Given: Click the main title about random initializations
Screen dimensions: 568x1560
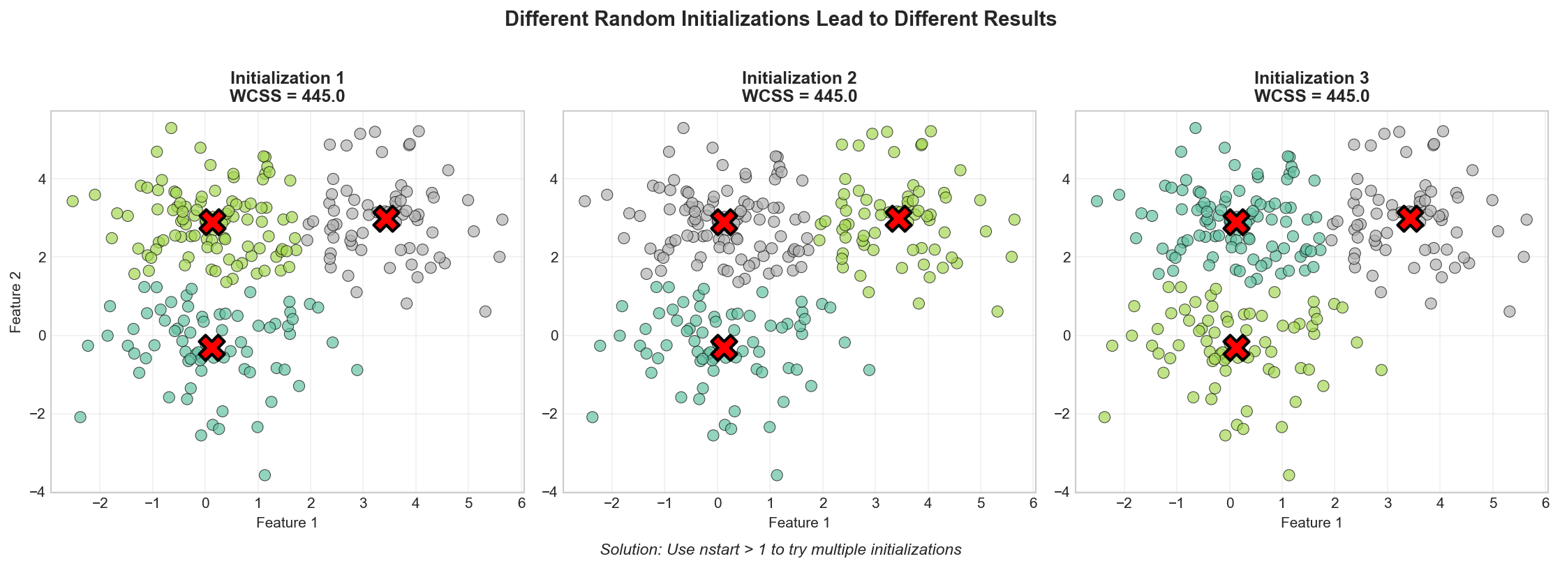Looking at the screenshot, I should click(780, 19).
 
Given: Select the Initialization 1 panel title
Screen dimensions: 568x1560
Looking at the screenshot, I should click(287, 77).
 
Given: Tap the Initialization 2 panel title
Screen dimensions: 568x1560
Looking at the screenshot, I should click(799, 77).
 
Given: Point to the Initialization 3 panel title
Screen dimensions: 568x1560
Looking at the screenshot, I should click(1312, 77).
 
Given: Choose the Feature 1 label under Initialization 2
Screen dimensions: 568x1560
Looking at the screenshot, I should click(799, 523).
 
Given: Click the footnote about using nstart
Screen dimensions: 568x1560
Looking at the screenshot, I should click(780, 550).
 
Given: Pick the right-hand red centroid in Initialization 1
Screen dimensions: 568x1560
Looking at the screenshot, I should click(385, 218).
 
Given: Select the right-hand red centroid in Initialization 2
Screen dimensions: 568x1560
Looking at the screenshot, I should click(898, 218).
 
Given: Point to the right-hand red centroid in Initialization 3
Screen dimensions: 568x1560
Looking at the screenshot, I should click(1410, 218).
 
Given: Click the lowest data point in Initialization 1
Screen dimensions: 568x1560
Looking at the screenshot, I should click(265, 475).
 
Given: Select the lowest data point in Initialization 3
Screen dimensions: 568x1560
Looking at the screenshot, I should click(1288, 475).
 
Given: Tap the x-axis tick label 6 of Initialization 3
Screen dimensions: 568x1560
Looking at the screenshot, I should click(1545, 504).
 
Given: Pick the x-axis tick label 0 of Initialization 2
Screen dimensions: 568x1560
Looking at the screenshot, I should click(717, 504).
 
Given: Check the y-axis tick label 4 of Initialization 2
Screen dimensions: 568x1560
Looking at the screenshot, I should click(552, 179).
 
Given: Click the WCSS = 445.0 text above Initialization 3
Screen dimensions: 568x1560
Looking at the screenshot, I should click(1312, 96).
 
